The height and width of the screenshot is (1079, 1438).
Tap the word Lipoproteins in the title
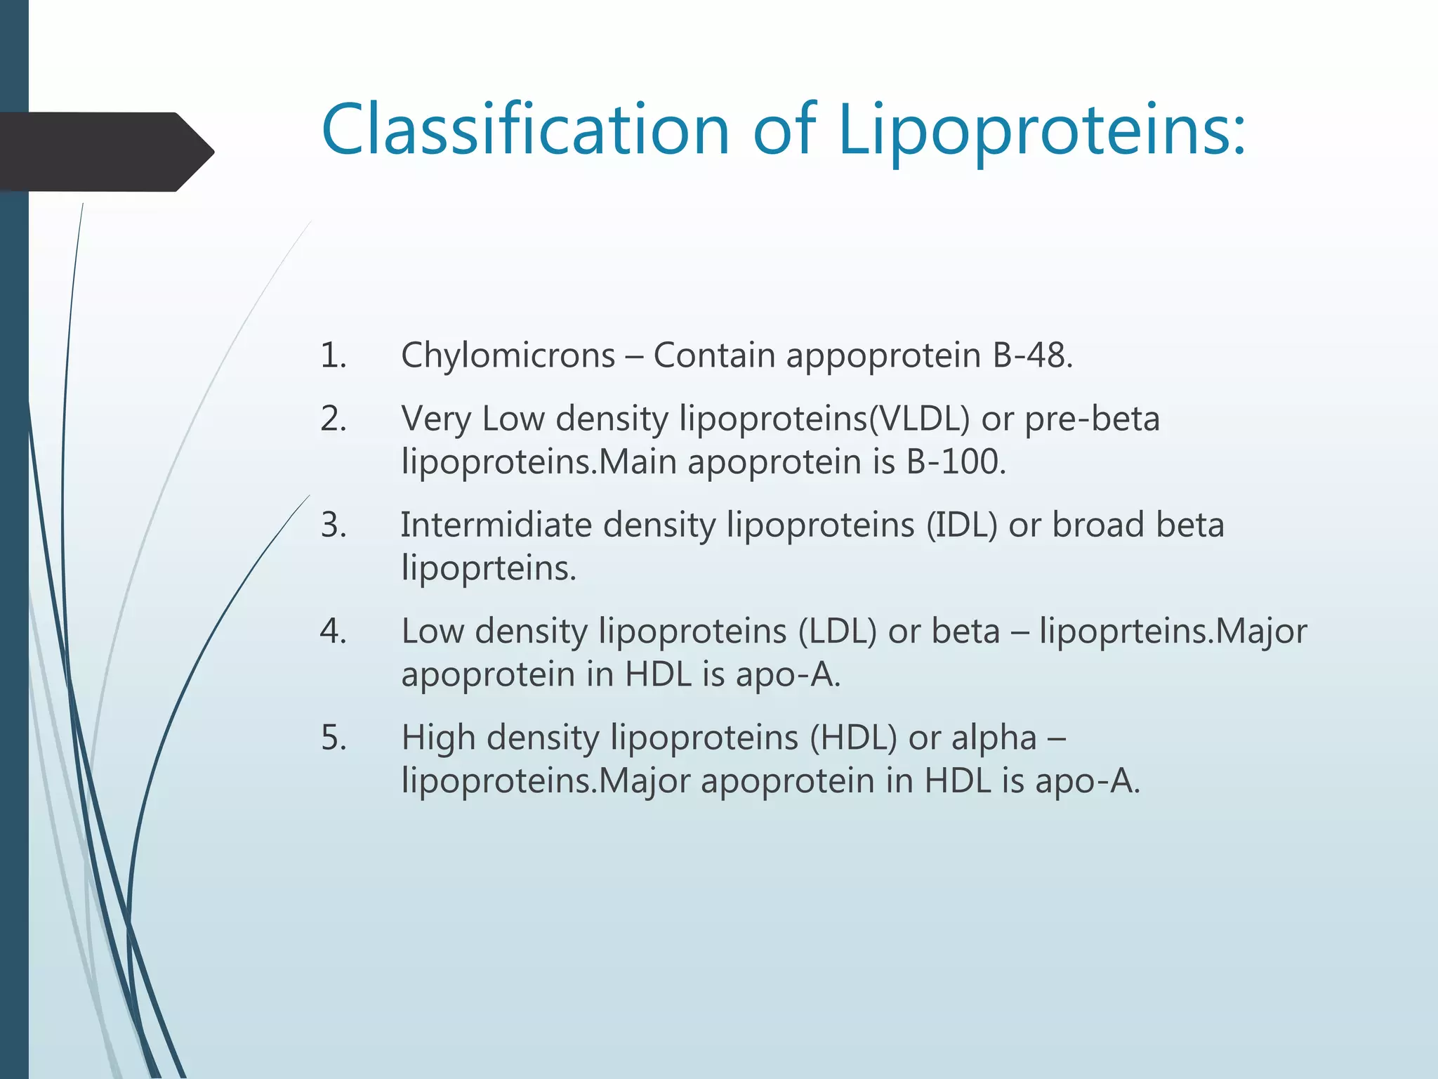tap(1042, 130)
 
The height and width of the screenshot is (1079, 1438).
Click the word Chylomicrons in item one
tap(508, 355)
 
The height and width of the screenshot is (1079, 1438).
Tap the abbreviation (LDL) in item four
tap(837, 632)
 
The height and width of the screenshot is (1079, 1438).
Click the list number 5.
tap(333, 738)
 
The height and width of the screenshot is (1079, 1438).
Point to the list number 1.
tap(333, 355)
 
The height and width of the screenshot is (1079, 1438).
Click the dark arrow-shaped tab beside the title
tap(105, 152)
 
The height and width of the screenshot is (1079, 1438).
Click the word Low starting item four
tap(432, 632)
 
